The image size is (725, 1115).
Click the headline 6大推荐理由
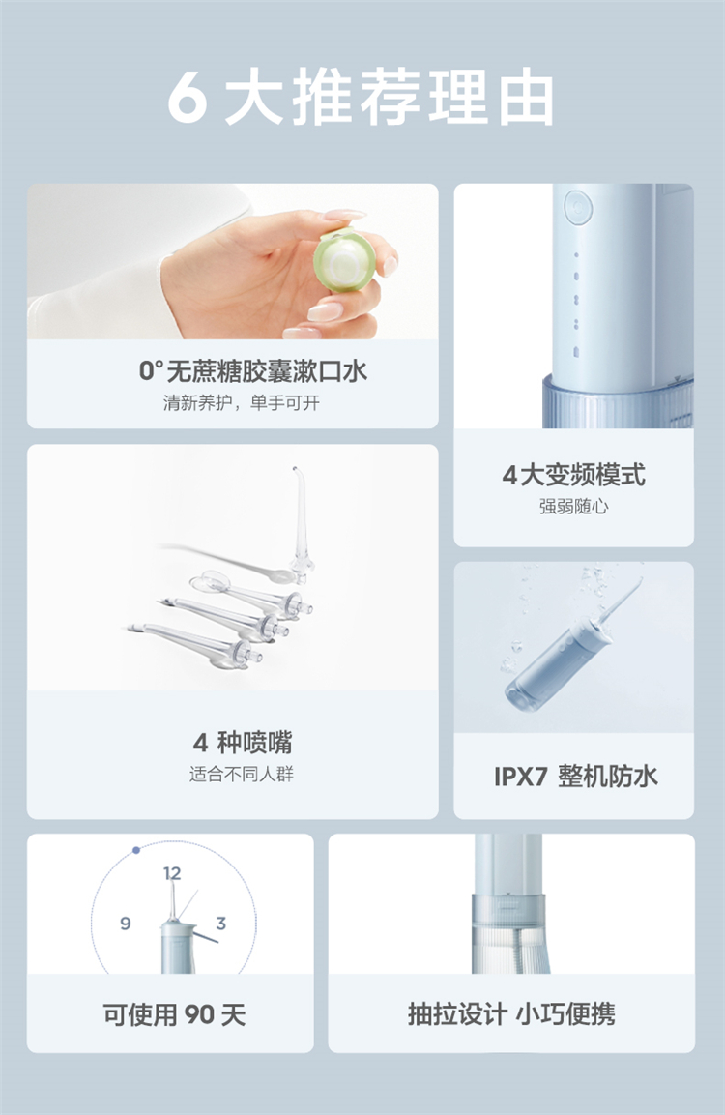pyautogui.click(x=362, y=98)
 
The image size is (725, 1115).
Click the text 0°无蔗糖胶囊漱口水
pyautogui.click(x=253, y=370)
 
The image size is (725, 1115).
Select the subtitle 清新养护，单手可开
pyautogui.click(x=242, y=403)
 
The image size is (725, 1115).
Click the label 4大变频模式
pyautogui.click(x=573, y=474)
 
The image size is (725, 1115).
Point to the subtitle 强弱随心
pyautogui.click(x=573, y=507)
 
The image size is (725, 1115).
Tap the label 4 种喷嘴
pyautogui.click(x=243, y=743)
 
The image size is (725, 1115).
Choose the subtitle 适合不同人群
pyautogui.click(x=242, y=774)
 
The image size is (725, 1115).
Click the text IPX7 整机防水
pyautogui.click(x=576, y=776)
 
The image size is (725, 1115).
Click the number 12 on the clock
pyautogui.click(x=172, y=872)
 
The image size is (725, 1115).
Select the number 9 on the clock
pyautogui.click(x=125, y=923)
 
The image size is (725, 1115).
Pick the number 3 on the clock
pyautogui.click(x=221, y=923)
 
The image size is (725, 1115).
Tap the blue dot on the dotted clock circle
pyautogui.click(x=136, y=850)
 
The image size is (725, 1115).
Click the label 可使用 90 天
pyautogui.click(x=174, y=1014)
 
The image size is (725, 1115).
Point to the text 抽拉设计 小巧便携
pyautogui.click(x=511, y=1013)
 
